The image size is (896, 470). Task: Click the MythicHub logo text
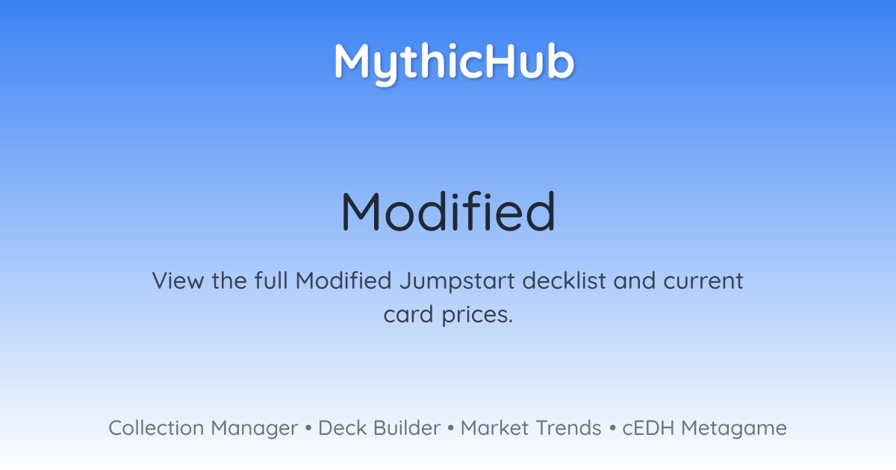[x=455, y=64]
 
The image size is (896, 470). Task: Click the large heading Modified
[x=448, y=211]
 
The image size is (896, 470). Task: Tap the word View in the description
[x=178, y=281]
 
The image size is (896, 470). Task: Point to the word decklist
[x=564, y=281]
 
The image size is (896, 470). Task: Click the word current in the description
[x=703, y=281]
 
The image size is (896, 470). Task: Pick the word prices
[x=477, y=316]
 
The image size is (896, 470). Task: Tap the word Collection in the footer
[x=156, y=428]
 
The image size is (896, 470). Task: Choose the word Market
[x=494, y=428]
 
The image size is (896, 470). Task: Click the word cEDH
[x=648, y=428]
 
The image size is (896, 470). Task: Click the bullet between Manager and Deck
[x=308, y=428]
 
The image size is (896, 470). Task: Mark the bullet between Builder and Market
[x=451, y=428]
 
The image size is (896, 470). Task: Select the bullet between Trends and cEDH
[x=612, y=428]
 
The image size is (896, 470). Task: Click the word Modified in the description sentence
[x=343, y=281]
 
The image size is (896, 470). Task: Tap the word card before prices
[x=408, y=315]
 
